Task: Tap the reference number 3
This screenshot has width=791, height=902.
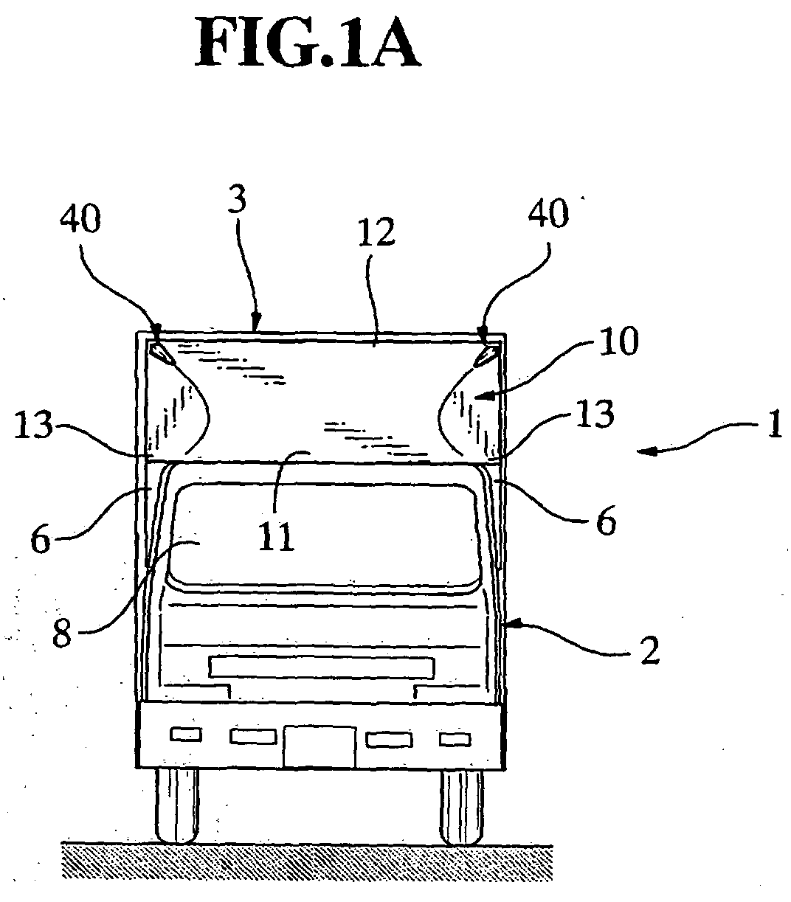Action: [x=237, y=200]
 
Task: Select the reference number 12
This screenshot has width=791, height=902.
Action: [x=377, y=232]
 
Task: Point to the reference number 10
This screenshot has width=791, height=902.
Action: [x=618, y=341]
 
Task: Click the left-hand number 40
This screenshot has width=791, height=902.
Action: [x=80, y=218]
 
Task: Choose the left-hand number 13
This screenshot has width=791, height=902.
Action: [x=33, y=424]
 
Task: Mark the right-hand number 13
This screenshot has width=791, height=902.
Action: [x=595, y=414]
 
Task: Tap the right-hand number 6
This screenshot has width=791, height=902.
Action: [x=607, y=519]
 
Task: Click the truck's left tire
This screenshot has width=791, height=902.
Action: [x=177, y=806]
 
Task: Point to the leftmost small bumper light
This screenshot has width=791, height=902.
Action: [x=186, y=735]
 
